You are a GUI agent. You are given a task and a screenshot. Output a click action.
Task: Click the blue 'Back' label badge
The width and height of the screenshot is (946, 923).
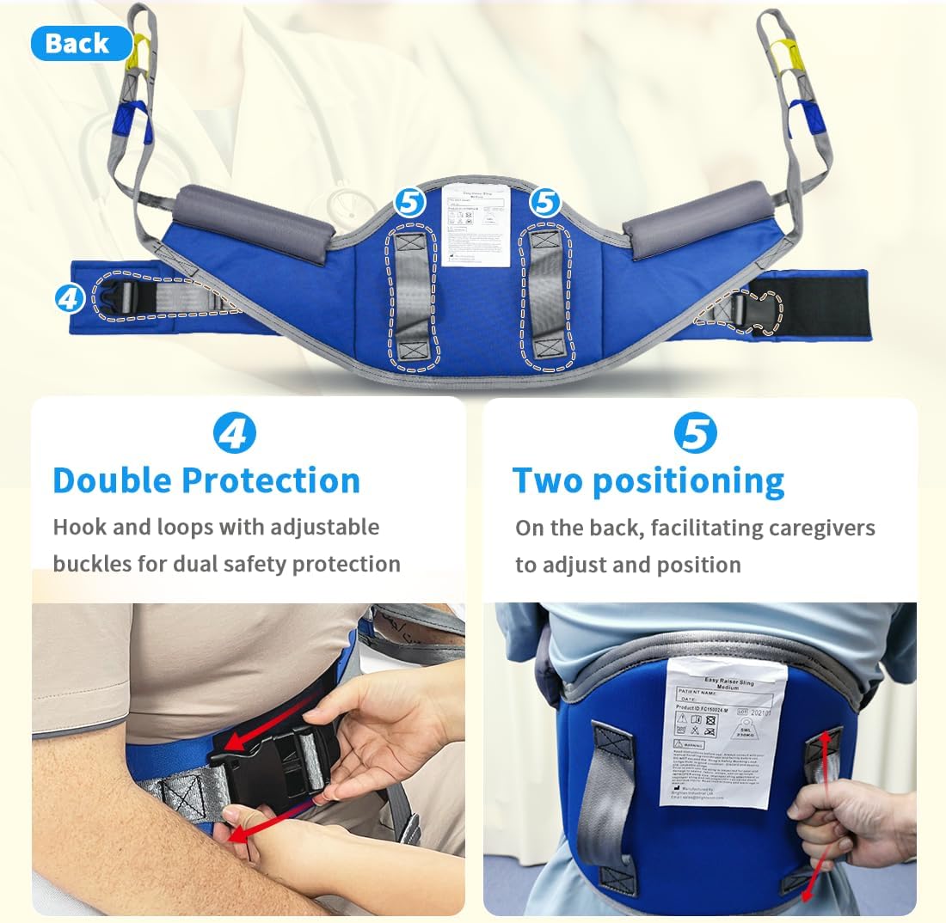tap(79, 44)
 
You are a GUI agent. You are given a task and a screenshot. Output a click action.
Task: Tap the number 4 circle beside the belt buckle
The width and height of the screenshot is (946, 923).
tap(70, 298)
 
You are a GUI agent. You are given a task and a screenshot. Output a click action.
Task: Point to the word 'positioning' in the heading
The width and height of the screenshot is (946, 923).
tap(688, 481)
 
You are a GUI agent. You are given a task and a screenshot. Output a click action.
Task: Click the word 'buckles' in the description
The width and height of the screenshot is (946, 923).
tap(86, 564)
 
